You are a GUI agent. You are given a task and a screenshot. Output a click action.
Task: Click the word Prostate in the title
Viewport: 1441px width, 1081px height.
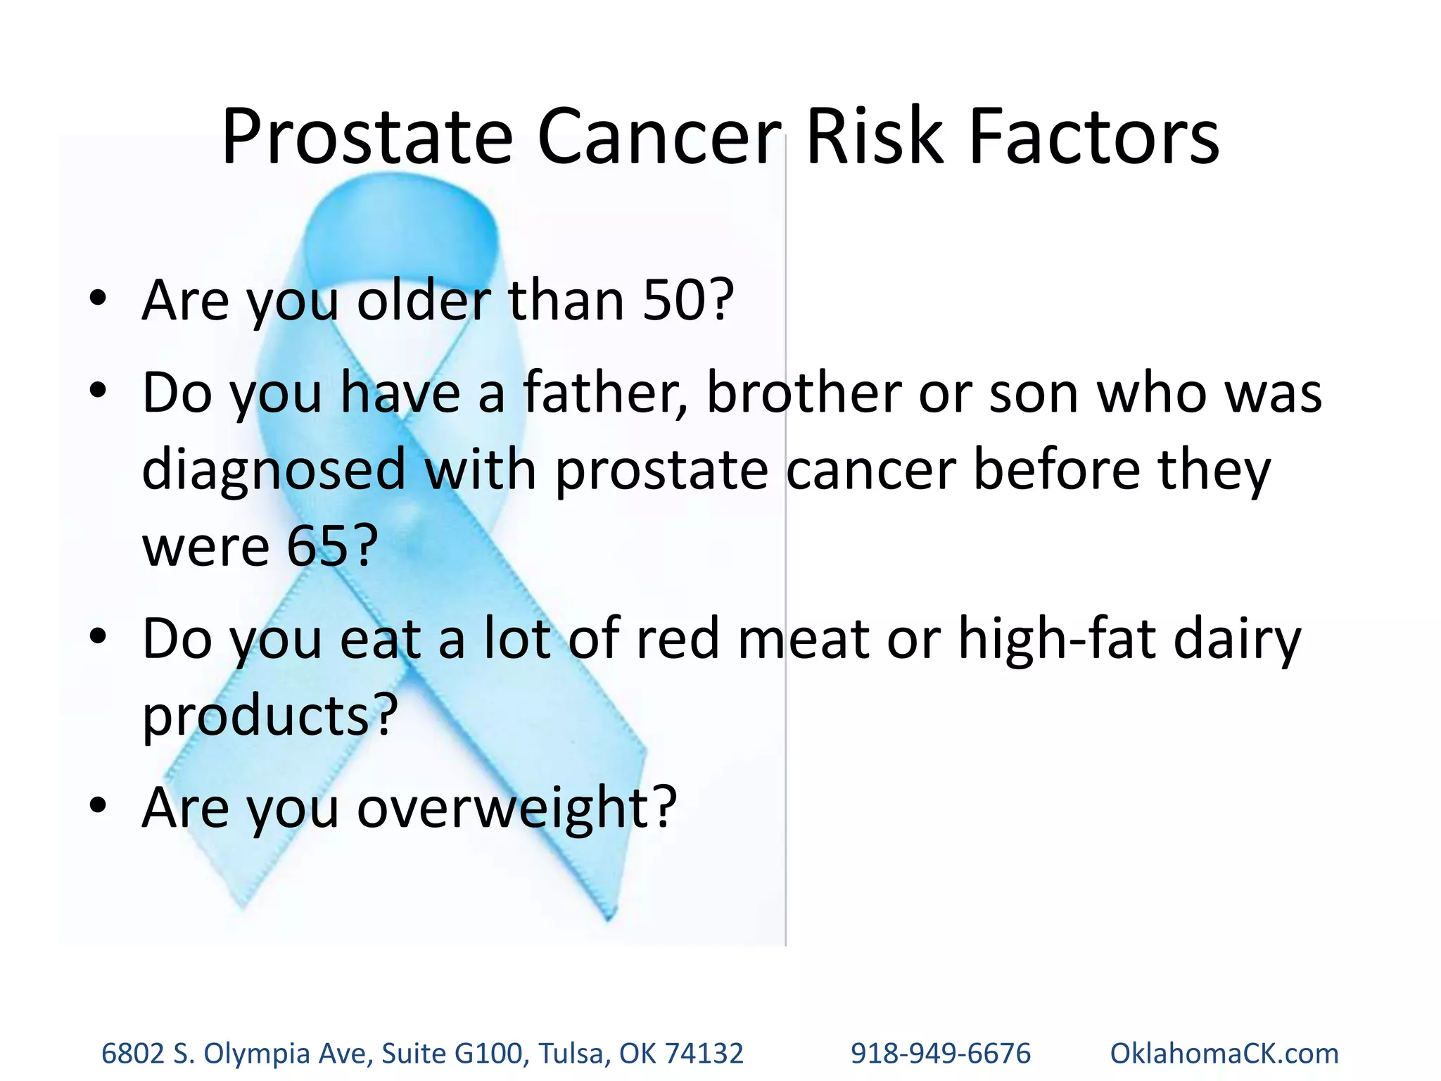[x=367, y=137]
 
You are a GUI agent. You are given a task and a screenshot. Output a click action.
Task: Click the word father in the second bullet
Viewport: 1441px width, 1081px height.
[x=604, y=393]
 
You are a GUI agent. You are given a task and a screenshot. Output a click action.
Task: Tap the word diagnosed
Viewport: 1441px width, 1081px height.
[x=274, y=471]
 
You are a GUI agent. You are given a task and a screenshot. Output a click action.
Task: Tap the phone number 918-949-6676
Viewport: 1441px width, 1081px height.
[x=940, y=1054]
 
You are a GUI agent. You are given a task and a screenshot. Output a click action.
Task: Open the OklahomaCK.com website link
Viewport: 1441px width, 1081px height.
[x=1224, y=1054]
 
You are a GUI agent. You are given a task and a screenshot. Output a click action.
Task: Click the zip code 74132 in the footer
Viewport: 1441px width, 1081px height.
[x=704, y=1054]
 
